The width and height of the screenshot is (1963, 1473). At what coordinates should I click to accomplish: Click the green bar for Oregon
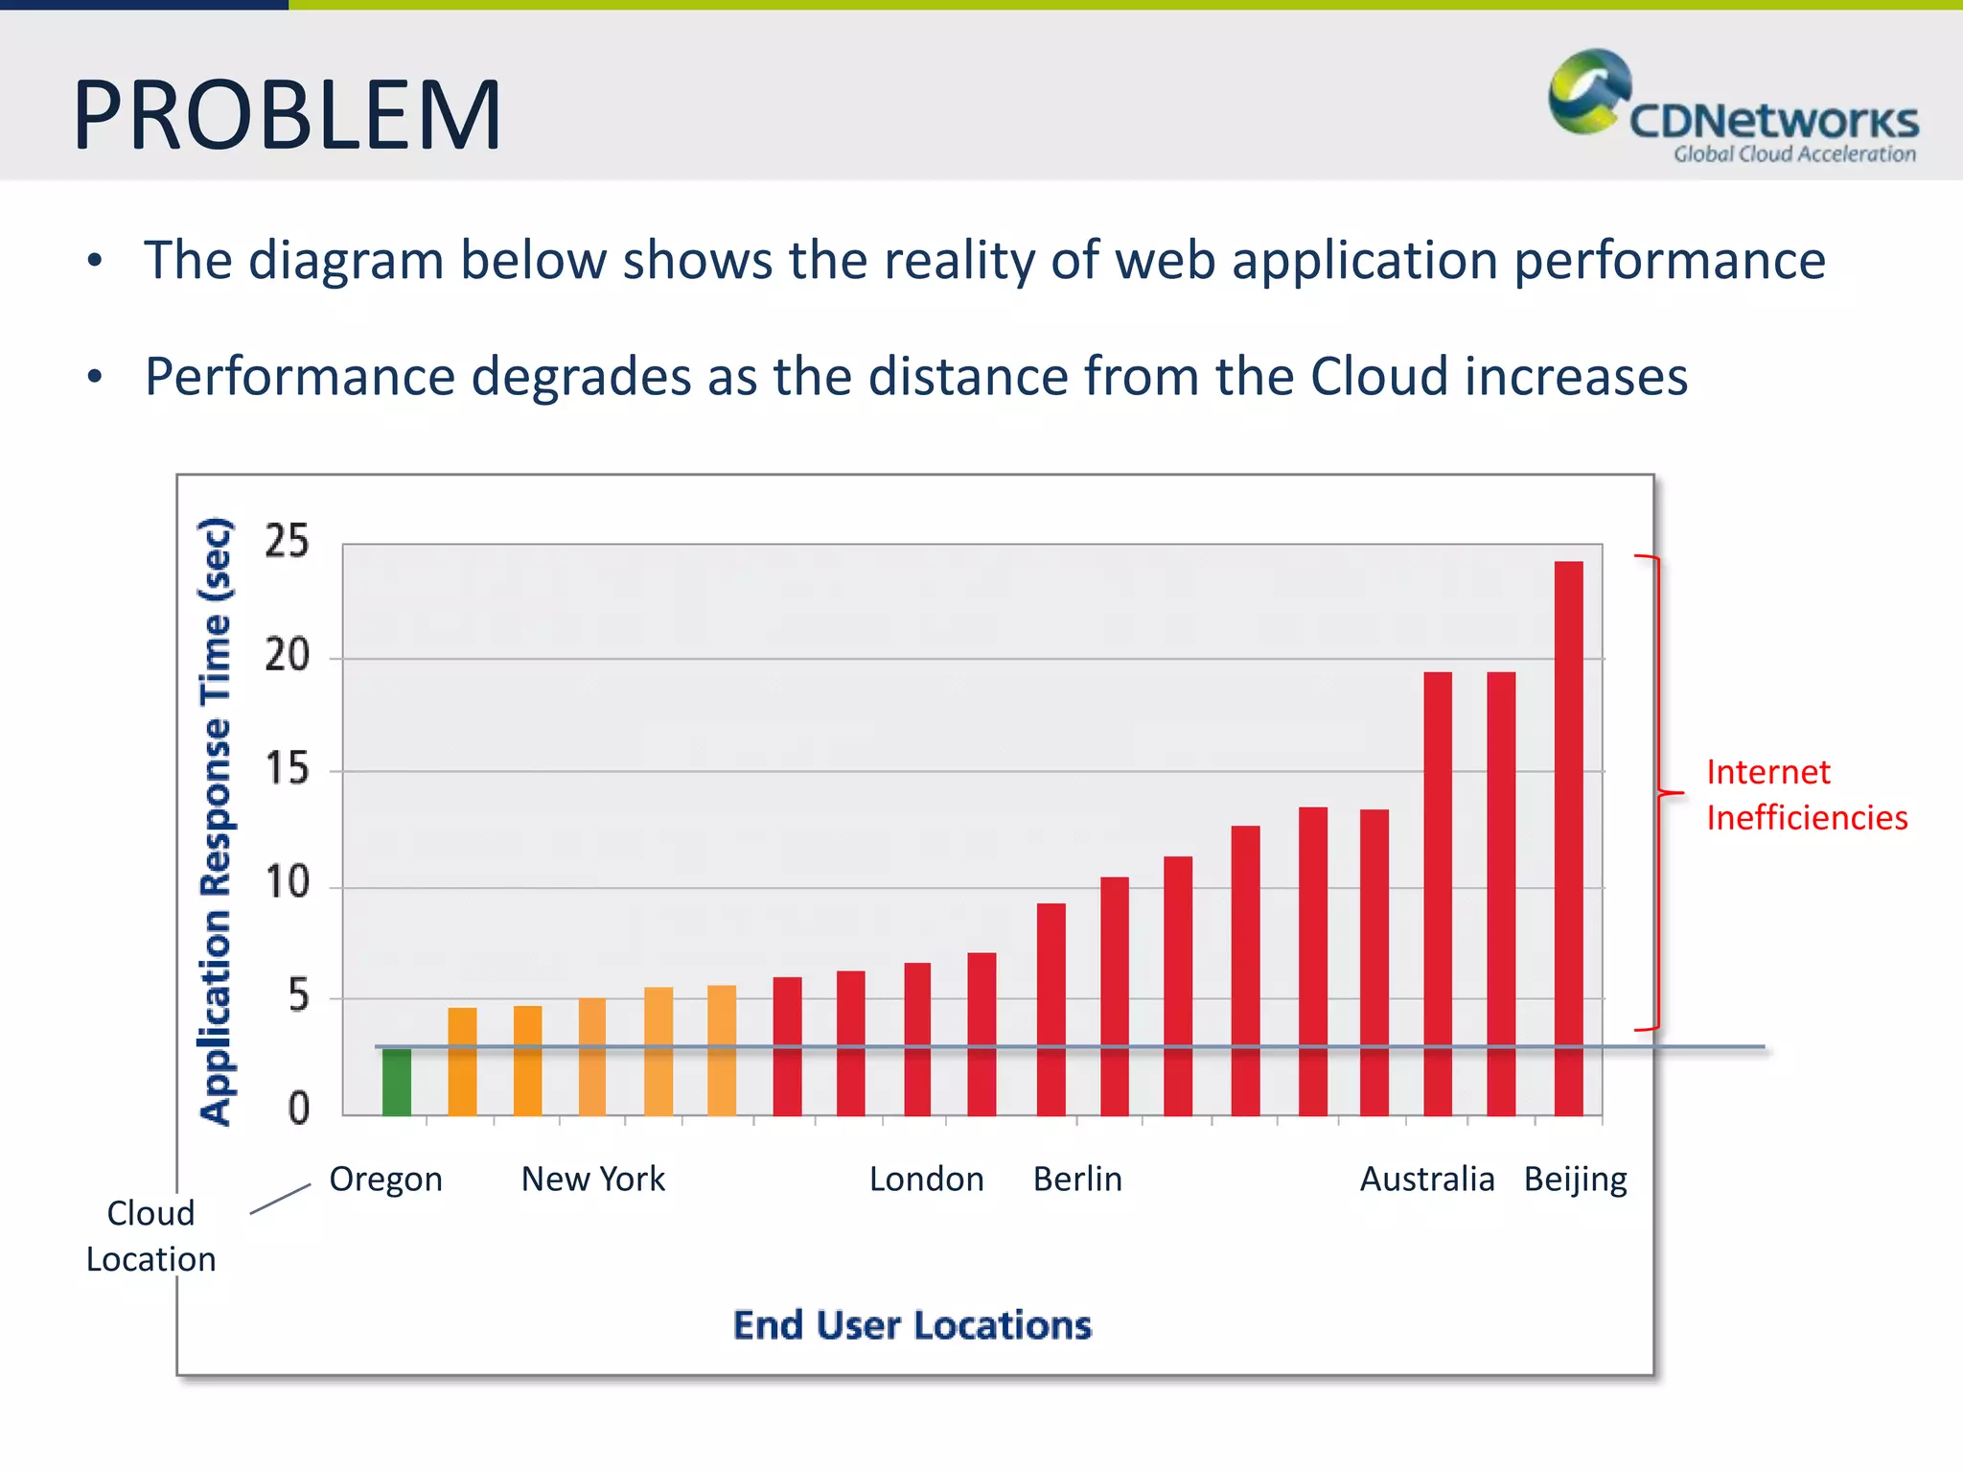tap(396, 1082)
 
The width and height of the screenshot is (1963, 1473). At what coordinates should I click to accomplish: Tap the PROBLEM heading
tap(287, 115)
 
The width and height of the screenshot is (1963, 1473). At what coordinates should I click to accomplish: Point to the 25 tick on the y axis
tap(287, 542)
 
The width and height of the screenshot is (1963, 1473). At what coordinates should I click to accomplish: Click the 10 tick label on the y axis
tap(287, 882)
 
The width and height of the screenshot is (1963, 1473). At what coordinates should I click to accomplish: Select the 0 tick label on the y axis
tap(298, 1109)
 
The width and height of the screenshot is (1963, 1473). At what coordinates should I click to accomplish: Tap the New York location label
tap(592, 1179)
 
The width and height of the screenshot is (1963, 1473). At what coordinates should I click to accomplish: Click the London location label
tap(926, 1179)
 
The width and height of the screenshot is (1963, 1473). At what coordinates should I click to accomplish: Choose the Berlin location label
tap(1077, 1179)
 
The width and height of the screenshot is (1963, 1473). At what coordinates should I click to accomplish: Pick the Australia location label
tap(1426, 1179)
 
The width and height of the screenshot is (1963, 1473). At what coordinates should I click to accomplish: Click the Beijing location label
tap(1575, 1179)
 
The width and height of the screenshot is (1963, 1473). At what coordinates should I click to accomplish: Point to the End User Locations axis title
tap(912, 1325)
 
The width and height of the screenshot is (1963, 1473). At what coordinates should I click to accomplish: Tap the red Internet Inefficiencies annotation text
tap(1806, 795)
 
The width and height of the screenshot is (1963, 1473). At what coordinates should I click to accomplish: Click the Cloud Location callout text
tap(150, 1236)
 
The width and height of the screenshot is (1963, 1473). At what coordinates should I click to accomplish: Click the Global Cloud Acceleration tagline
tap(1794, 154)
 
